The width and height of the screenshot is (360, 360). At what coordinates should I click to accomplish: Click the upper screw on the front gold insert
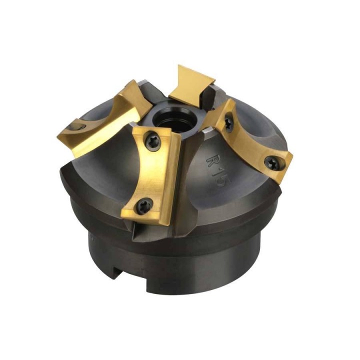point(152,141)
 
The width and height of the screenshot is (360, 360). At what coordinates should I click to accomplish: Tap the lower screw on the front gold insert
point(144,205)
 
